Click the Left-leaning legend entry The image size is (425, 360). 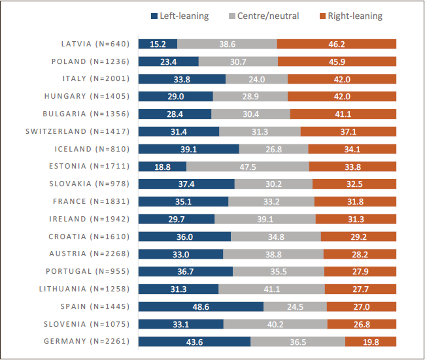click(180, 16)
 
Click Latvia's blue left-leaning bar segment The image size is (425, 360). click(158, 44)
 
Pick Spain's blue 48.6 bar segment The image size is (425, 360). click(201, 306)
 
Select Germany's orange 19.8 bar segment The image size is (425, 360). click(371, 341)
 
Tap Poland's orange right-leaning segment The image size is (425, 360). click(337, 61)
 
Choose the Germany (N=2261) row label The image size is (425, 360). click(86, 341)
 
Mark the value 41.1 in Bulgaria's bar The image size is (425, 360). click(343, 114)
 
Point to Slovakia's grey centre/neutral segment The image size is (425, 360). click(273, 184)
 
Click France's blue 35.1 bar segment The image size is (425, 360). click(183, 201)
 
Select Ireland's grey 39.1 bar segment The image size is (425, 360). click(265, 219)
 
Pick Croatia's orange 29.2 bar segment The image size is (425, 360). click(358, 237)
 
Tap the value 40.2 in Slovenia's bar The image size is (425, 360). click(275, 324)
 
